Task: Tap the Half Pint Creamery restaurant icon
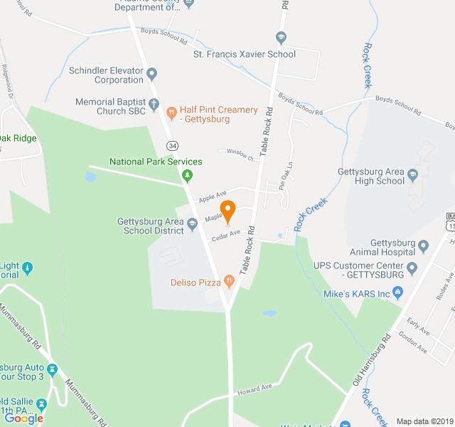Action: (171, 112)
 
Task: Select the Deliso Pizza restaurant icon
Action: (229, 282)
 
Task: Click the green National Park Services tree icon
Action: (188, 175)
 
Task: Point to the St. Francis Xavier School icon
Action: (282, 38)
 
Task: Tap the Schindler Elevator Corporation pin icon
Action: (151, 73)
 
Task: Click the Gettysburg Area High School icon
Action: (412, 173)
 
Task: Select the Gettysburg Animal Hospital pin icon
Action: (424, 246)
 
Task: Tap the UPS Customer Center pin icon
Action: (412, 271)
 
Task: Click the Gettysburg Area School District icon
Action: (192, 224)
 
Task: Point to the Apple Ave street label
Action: (212, 194)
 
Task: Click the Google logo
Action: (23, 418)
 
